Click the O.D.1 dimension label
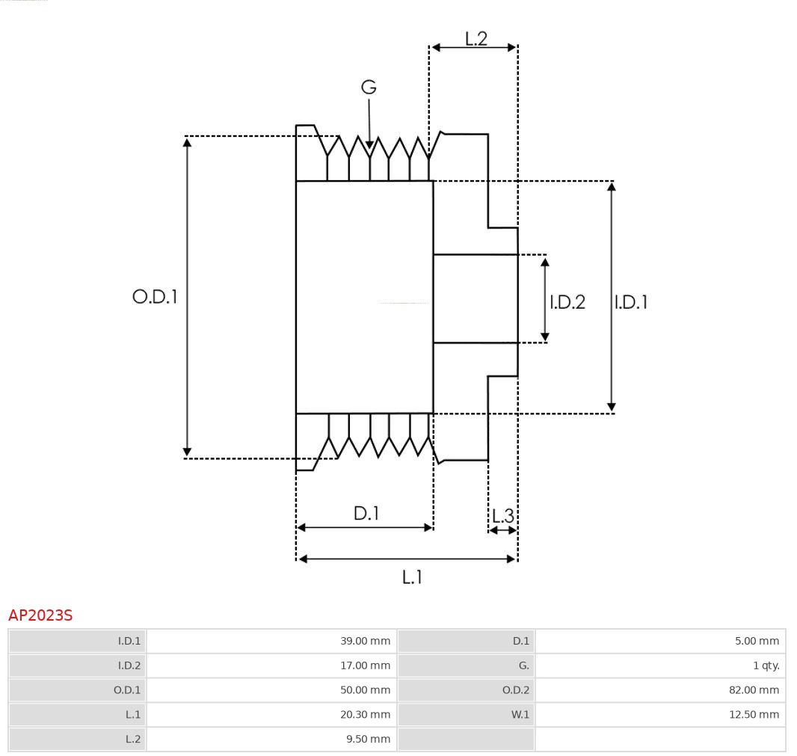pos(155,297)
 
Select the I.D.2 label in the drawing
pos(567,302)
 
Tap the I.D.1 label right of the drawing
pos(630,302)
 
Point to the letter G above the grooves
pos(369,87)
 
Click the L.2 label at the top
pos(476,39)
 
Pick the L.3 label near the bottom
pos(503,515)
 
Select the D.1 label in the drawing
pos(366,514)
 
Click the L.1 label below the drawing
pos(412,577)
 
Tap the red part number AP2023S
pos(40,615)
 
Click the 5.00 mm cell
pos(757,641)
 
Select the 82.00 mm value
pos(754,690)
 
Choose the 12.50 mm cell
pos(754,715)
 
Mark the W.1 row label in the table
pos(520,715)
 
